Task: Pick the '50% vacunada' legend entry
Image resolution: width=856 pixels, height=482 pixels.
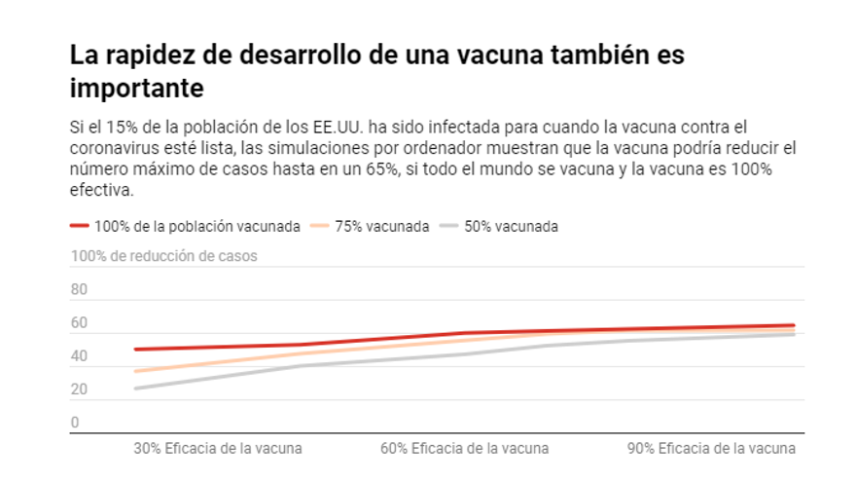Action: pos(511,226)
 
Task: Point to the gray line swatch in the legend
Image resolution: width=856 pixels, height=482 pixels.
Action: pos(447,226)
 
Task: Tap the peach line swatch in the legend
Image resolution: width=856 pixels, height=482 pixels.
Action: pos(318,226)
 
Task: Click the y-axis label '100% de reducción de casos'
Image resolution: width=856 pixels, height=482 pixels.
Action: pos(163,256)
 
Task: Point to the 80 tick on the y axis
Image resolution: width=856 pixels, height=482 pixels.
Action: pos(79,289)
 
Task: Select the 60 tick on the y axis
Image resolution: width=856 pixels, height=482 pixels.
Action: pos(79,323)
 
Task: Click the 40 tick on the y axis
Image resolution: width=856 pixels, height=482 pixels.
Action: pos(79,356)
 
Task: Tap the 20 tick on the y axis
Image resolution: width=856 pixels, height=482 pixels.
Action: pos(79,389)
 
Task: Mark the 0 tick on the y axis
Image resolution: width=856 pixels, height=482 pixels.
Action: pos(75,423)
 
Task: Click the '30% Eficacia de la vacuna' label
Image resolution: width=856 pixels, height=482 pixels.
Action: pos(217,449)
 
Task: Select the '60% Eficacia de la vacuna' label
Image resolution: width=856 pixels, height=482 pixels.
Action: pos(464,449)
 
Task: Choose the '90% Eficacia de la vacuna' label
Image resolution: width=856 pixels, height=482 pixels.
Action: pos(711,449)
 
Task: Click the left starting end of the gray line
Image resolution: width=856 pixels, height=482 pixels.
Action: pos(136,389)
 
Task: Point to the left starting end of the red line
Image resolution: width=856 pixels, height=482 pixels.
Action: pos(136,349)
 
